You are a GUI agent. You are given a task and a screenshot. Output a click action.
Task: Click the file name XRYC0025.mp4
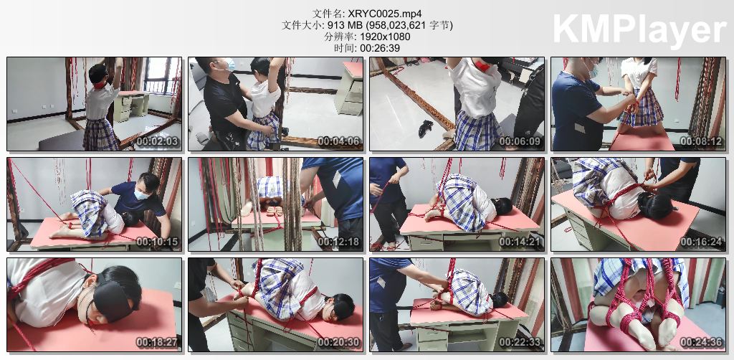pos(381,13)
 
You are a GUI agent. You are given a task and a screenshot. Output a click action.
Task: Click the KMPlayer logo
pos(639,28)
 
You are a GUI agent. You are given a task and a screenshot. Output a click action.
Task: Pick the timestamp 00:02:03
pos(157,141)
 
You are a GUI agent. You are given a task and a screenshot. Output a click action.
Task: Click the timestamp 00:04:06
pos(338,141)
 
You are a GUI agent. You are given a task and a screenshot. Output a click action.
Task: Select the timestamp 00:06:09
pos(520,141)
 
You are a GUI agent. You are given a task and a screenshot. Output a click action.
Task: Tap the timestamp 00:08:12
pos(701,141)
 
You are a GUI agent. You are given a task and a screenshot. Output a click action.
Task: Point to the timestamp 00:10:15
pos(157,242)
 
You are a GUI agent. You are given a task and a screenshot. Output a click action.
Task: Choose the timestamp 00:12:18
pos(338,242)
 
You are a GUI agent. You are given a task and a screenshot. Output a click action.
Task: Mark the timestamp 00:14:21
pos(520,242)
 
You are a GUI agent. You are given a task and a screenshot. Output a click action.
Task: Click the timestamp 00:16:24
pos(701,242)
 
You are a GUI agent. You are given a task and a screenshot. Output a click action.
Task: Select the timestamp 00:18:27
pos(157,343)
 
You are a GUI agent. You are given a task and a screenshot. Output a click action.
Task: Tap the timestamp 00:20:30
pos(338,343)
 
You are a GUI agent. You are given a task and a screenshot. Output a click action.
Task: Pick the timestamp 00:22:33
pos(520,343)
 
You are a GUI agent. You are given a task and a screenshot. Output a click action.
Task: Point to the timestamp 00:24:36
pos(701,343)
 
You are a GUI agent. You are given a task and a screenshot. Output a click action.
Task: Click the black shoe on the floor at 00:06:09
pos(426,128)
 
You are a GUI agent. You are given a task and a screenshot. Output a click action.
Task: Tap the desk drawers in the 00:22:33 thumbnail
pos(430,336)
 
